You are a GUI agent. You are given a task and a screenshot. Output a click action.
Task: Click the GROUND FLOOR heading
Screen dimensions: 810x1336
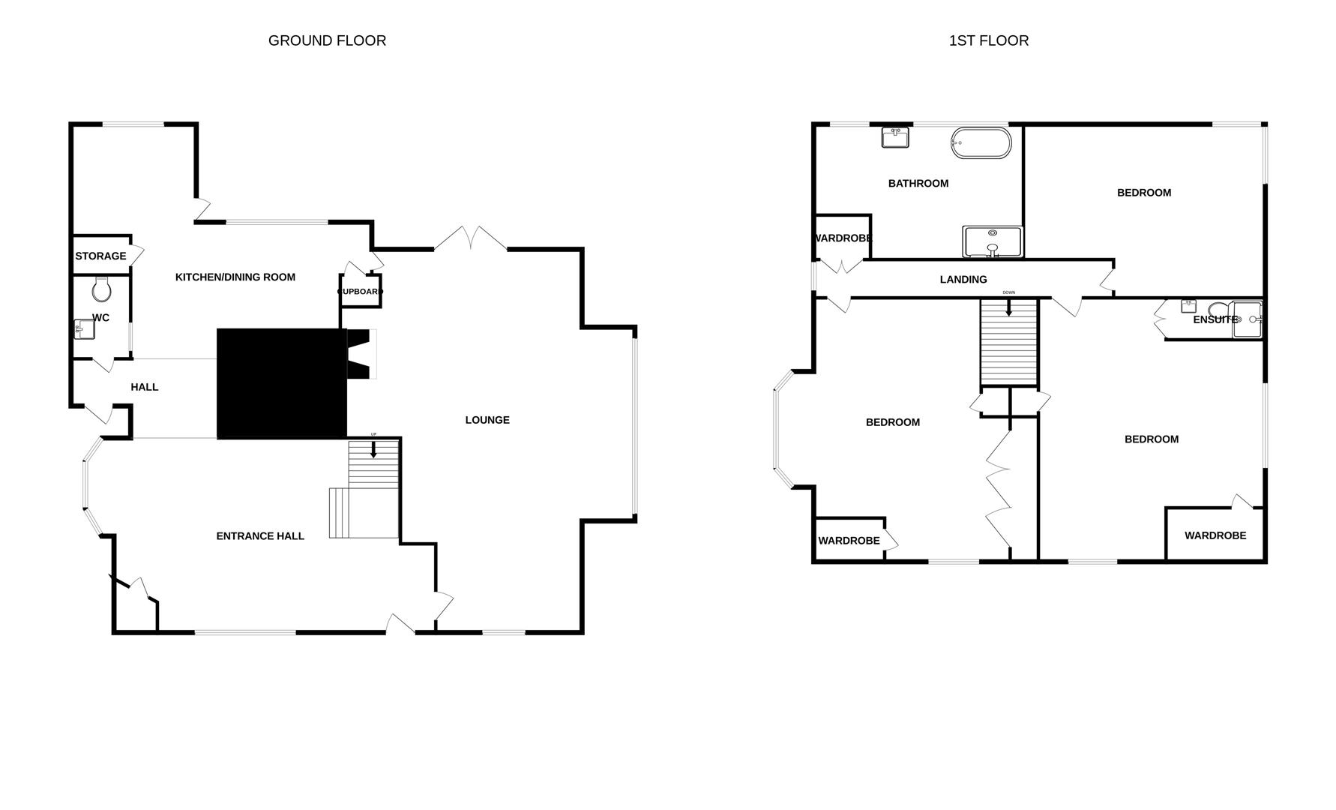coord(327,40)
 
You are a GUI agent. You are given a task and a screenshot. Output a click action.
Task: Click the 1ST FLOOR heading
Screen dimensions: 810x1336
coord(988,40)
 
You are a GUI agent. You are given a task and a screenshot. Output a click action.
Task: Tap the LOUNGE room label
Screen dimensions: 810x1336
coord(487,420)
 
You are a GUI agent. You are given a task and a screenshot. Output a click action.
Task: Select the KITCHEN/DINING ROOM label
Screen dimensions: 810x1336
coord(235,277)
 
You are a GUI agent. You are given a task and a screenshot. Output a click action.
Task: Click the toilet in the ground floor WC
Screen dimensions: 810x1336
coord(101,289)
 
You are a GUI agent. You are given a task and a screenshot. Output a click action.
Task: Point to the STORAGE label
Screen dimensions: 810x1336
coord(100,256)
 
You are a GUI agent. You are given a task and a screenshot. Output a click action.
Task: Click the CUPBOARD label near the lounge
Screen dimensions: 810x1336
coord(361,292)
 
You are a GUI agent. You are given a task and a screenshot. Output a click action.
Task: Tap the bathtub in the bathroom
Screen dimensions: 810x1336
coord(981,142)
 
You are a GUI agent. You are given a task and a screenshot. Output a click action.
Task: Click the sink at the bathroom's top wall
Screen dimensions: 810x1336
coord(894,137)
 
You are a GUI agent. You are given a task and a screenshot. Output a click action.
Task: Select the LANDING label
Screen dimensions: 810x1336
coord(963,279)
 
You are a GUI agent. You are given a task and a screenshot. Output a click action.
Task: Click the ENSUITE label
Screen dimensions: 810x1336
coord(1215,319)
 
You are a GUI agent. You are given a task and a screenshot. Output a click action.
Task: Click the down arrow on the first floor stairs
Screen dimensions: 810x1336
coord(1009,307)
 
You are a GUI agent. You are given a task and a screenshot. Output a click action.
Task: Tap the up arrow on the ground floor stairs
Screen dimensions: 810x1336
coord(373,449)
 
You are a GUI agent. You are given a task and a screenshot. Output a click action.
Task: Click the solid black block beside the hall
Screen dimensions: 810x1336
coord(281,383)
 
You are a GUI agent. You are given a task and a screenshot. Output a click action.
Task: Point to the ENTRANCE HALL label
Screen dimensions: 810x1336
coord(260,535)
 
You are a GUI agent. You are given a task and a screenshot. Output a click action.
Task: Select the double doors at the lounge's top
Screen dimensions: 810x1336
coord(470,238)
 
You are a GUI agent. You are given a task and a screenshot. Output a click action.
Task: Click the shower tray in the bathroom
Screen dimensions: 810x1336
coord(992,241)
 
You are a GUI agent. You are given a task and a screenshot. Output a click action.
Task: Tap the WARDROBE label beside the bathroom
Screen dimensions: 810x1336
coord(843,238)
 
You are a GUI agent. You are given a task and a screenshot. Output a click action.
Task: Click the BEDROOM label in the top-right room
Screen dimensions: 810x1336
coord(1143,193)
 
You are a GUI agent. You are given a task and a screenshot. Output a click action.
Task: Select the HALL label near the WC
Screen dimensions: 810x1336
coord(145,387)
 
